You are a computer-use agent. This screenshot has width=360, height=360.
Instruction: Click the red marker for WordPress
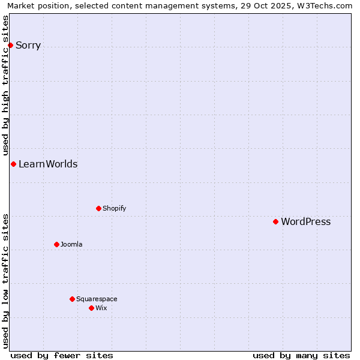coord(275,221)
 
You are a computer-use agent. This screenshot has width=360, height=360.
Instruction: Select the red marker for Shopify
coord(98,208)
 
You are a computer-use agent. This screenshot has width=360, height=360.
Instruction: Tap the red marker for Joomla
coord(56,244)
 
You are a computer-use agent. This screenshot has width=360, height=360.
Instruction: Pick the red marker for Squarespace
coord(72,299)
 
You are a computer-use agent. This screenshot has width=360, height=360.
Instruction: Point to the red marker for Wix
coord(91,308)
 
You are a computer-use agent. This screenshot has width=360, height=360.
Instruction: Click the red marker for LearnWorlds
coord(13,164)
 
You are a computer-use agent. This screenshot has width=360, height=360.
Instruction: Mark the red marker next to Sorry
coord(10,45)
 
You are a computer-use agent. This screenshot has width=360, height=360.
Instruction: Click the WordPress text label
coord(305,221)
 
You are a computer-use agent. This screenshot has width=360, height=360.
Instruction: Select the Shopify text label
coord(114,208)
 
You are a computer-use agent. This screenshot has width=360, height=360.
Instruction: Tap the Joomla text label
coord(71,244)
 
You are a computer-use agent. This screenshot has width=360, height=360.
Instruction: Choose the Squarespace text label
coord(97,299)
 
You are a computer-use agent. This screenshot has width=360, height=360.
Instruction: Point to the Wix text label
coord(101,308)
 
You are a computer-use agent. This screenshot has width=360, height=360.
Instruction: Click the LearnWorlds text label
coord(48,164)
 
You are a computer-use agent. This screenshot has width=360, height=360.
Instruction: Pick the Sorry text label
coord(28,45)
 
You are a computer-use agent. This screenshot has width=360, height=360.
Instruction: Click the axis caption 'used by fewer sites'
coord(62,355)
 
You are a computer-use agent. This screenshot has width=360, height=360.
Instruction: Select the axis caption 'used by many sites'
coord(301,355)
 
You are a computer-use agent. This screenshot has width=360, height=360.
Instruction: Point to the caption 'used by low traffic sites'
coord(5,281)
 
